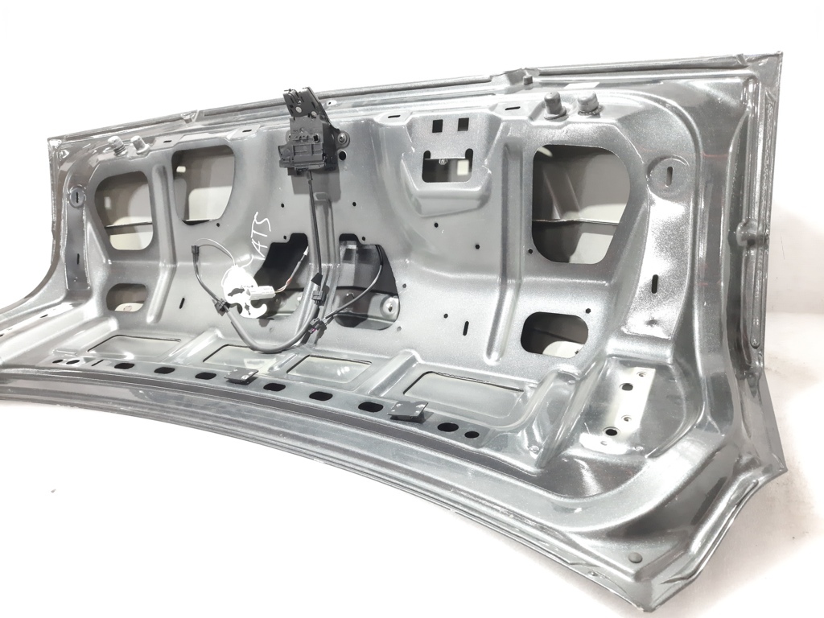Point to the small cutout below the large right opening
click(556, 333)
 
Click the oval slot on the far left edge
click(77, 196)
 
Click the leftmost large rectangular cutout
click(125, 209)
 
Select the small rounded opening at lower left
click(126, 297)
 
